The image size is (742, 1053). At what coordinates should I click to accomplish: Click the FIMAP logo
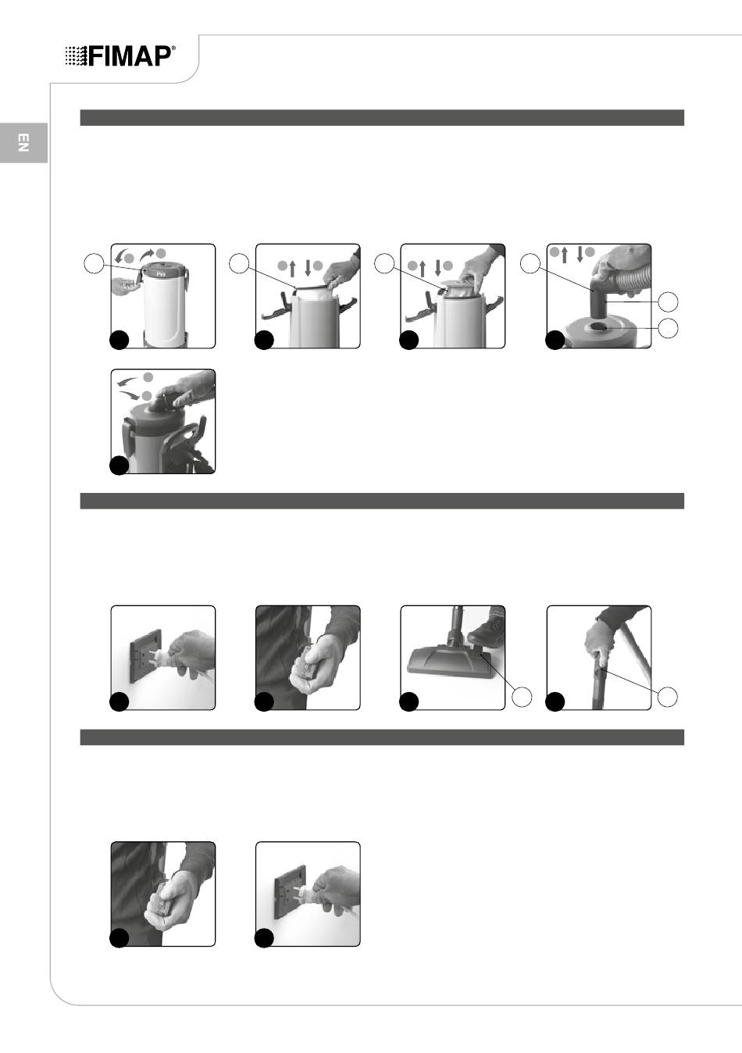pyautogui.click(x=120, y=56)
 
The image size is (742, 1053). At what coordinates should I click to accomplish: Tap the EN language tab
pyautogui.click(x=23, y=143)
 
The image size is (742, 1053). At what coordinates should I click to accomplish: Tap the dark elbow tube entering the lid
pyautogui.click(x=598, y=297)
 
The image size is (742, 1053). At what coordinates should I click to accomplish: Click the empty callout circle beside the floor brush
pyautogui.click(x=521, y=697)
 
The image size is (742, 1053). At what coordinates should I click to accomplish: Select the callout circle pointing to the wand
pyautogui.click(x=667, y=697)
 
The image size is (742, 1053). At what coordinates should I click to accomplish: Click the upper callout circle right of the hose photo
pyautogui.click(x=668, y=302)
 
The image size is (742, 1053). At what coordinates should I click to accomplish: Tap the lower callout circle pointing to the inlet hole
pyautogui.click(x=668, y=328)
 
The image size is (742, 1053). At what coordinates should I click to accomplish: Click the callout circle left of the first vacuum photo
pyautogui.click(x=94, y=263)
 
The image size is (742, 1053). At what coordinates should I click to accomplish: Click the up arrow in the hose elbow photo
pyautogui.click(x=565, y=255)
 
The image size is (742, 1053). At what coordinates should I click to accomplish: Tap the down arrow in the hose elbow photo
pyautogui.click(x=580, y=254)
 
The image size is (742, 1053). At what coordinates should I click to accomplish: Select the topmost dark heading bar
pyautogui.click(x=382, y=117)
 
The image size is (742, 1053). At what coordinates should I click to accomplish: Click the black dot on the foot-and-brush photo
pyautogui.click(x=408, y=701)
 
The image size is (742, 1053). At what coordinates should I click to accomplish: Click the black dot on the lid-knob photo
pyautogui.click(x=120, y=466)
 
